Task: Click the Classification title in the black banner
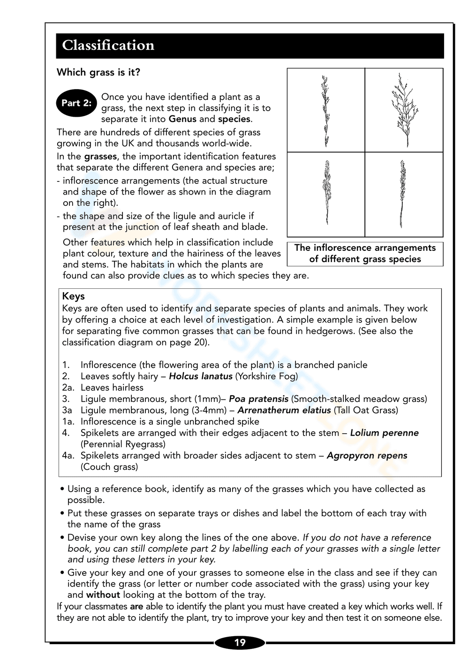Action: pos(108,45)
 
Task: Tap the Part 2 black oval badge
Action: pos(76,103)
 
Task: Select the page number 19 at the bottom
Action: pos(240,642)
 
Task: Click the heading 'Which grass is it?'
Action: pos(98,72)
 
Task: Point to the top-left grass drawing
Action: pos(325,111)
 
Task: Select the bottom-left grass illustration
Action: pos(326,193)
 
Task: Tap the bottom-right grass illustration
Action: pos(402,194)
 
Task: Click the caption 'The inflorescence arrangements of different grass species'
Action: pos(365,254)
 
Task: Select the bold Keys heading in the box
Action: pos(73,296)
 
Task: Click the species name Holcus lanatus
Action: pos(201,376)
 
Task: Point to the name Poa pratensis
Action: pos(258,399)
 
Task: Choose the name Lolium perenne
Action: pos(384,433)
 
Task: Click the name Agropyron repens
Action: pos(367,456)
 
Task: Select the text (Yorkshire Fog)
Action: pos(266,376)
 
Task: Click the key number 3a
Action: pos(67,410)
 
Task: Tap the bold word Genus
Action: pos(182,119)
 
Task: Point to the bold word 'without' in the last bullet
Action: pos(103,595)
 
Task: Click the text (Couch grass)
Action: pos(109,467)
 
